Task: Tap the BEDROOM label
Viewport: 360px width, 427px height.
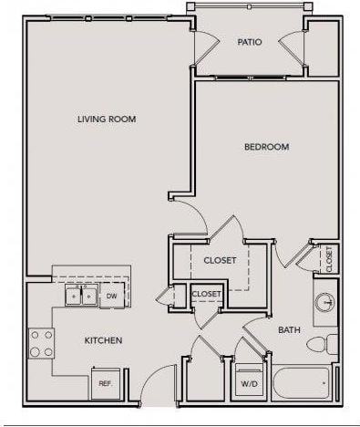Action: pos(266,147)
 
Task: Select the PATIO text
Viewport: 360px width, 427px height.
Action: pos(249,42)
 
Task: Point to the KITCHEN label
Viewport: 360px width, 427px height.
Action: pos(103,340)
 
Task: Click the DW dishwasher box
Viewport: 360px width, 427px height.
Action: pos(112,296)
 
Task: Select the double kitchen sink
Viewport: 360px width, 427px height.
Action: pos(80,296)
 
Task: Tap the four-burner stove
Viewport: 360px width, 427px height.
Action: pos(40,343)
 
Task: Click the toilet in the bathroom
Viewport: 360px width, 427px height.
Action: pos(318,345)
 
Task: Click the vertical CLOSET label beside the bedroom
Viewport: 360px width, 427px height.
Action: pos(328,259)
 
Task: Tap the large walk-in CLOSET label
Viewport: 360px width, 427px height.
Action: pos(220,260)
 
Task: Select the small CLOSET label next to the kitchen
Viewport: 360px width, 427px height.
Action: pos(206,294)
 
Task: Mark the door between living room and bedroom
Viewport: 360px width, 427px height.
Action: pos(190,215)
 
